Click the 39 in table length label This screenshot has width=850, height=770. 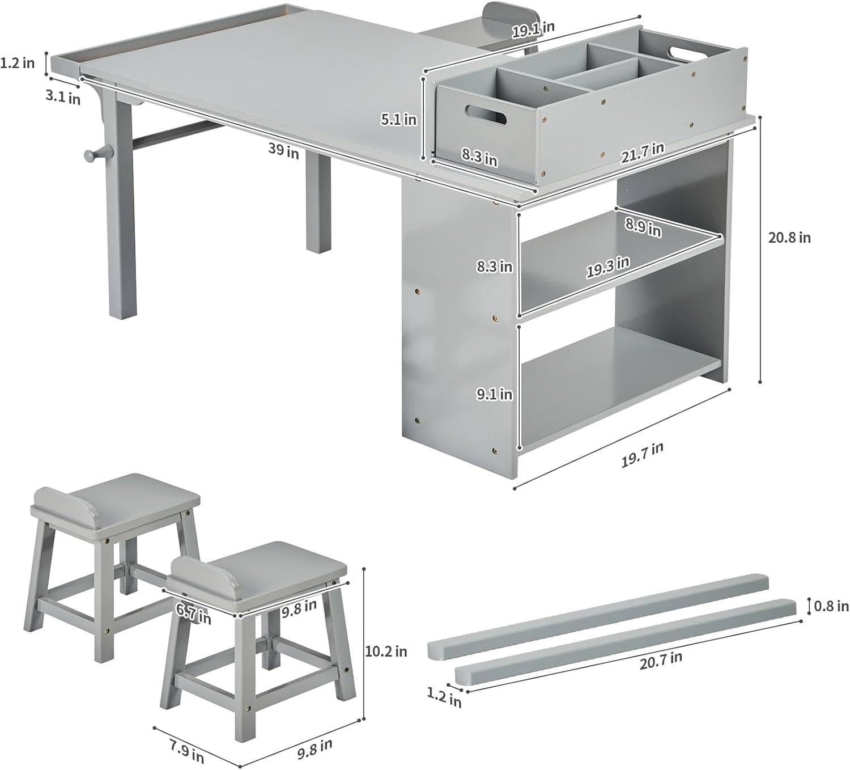283,150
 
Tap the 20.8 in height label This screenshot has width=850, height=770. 789,238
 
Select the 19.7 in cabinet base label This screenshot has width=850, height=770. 643,454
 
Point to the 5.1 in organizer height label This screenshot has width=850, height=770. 398,120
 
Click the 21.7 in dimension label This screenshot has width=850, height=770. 643,153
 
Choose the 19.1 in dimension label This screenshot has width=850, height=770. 533,29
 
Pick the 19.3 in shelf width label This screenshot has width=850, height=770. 607,267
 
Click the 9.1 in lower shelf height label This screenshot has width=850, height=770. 494,394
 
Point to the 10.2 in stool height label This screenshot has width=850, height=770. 386,651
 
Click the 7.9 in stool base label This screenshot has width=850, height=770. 186,750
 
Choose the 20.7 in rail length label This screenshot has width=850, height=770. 661,660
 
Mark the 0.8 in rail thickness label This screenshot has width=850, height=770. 831,606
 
